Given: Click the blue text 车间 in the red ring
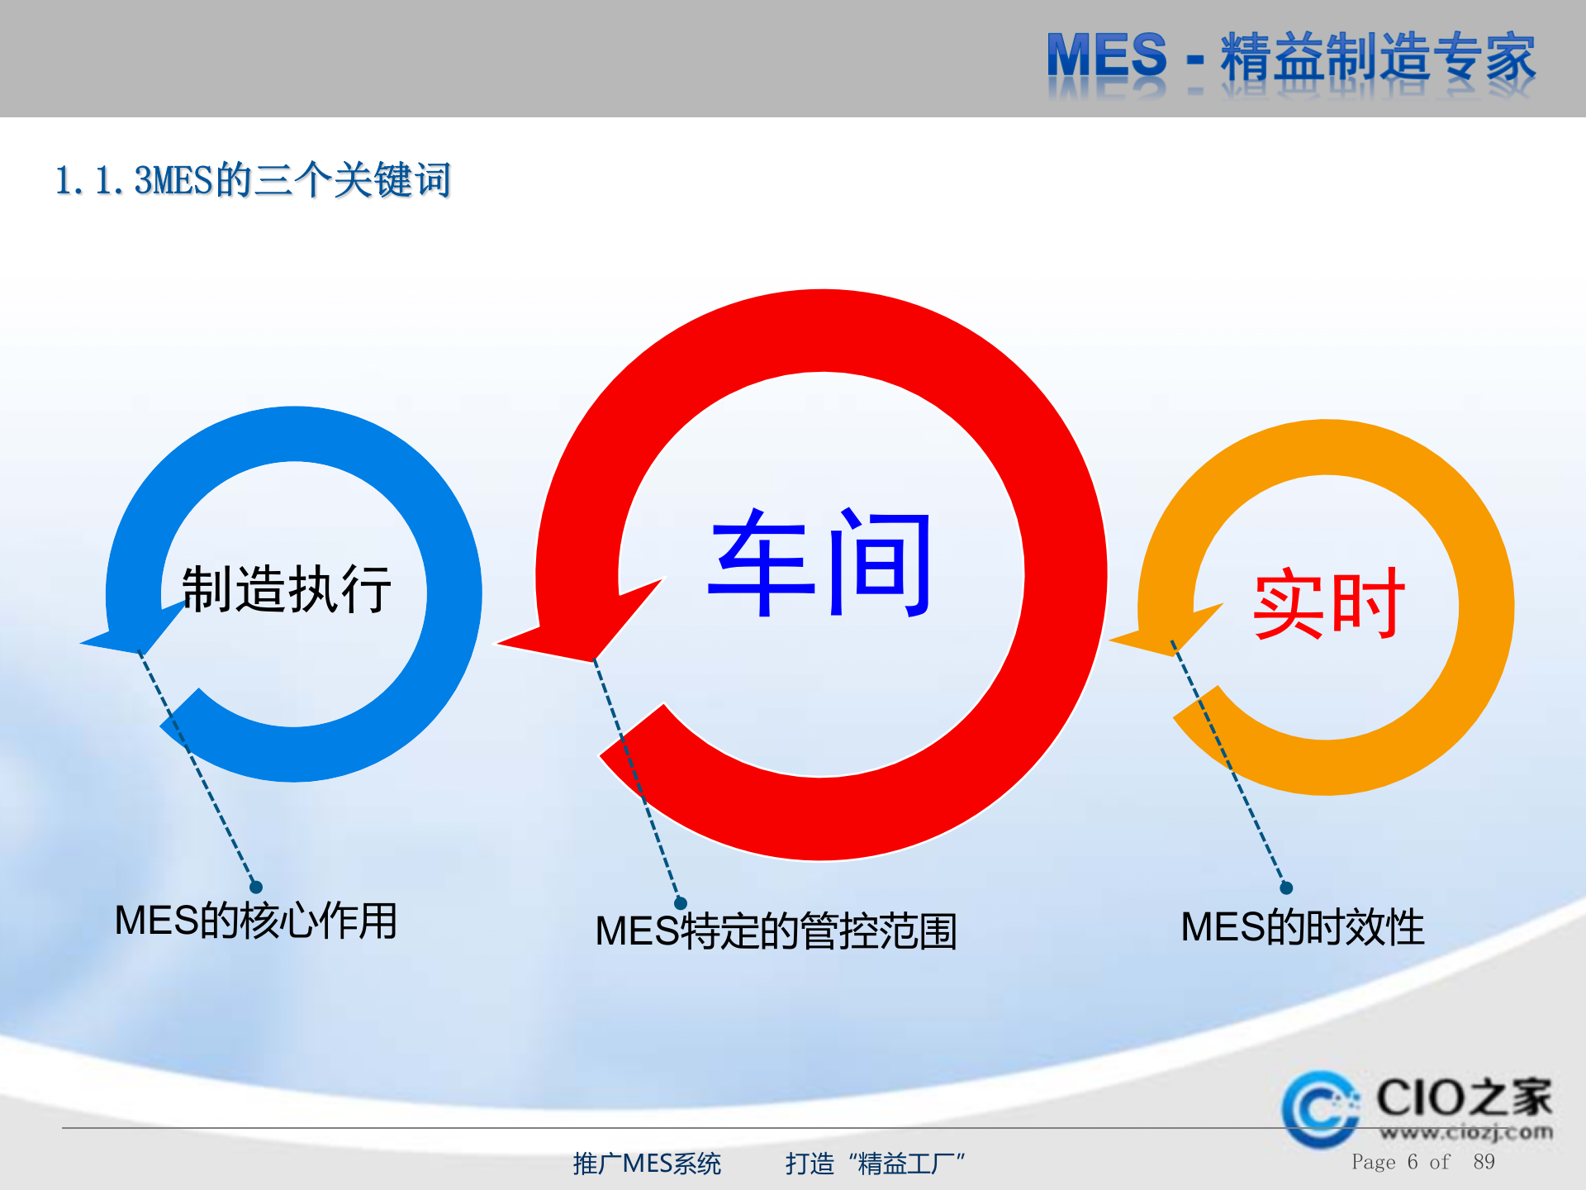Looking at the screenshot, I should pyautogui.click(x=820, y=564).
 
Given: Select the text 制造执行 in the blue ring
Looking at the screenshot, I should pyautogui.click(x=286, y=589).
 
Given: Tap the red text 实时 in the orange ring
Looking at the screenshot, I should pyautogui.click(x=1327, y=604).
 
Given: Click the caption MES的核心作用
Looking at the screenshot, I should pyautogui.click(x=256, y=921).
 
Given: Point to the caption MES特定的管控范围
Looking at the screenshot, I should pyautogui.click(x=776, y=931).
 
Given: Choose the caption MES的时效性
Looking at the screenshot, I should pyautogui.click(x=1303, y=926).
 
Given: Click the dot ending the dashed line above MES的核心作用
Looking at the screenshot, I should pyautogui.click(x=256, y=887).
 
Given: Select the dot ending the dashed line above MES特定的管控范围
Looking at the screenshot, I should pyautogui.click(x=681, y=903).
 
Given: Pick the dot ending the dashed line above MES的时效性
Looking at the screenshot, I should pyautogui.click(x=1286, y=888).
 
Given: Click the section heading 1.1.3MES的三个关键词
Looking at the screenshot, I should pyautogui.click(x=253, y=180).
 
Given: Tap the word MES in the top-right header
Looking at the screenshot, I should pyautogui.click(x=1106, y=56).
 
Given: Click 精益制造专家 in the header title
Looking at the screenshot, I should pyautogui.click(x=1378, y=58).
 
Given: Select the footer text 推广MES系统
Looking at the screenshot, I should pyautogui.click(x=647, y=1164).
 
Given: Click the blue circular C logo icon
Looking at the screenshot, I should pyautogui.click(x=1320, y=1109).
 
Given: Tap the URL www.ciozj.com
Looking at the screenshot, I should pyautogui.click(x=1465, y=1132).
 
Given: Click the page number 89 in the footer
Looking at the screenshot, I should pyautogui.click(x=1484, y=1162).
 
